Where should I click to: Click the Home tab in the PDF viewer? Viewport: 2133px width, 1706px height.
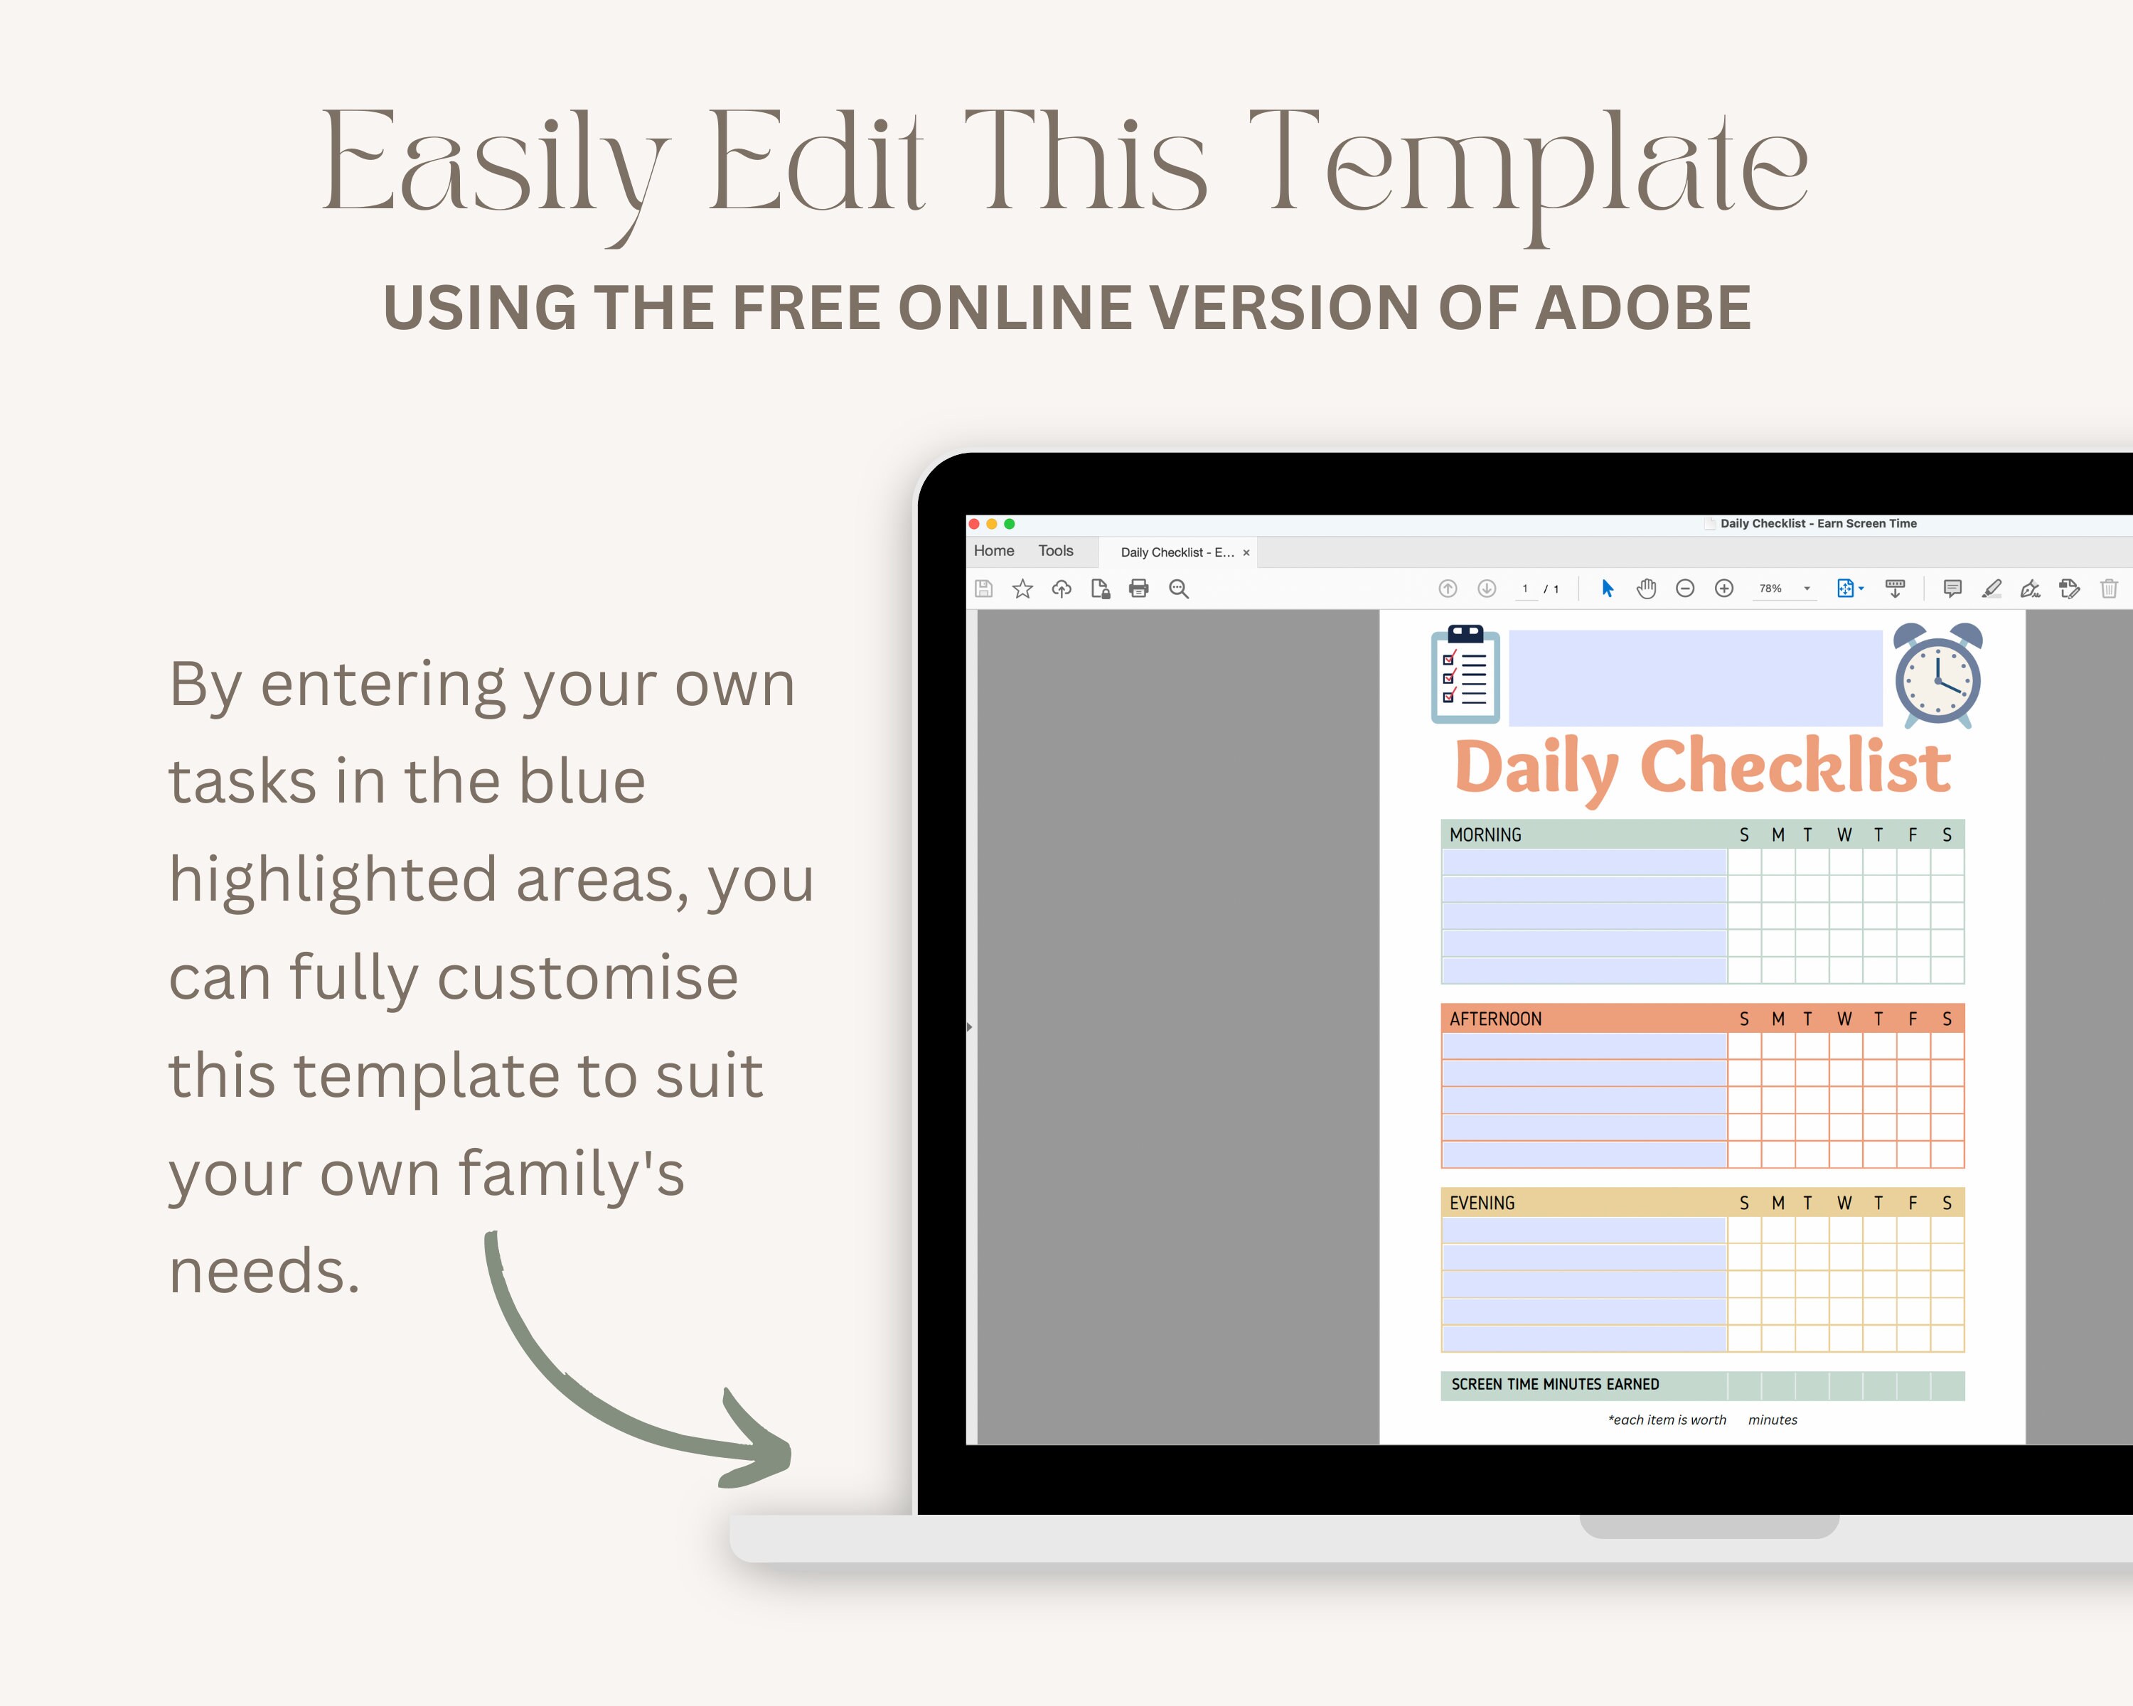[993, 551]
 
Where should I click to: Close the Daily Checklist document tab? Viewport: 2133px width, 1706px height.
[1246, 553]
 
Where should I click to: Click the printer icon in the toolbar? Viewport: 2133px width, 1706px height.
[1139, 589]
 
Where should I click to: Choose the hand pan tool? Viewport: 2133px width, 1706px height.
[1646, 589]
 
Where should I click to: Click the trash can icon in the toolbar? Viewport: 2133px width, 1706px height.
[2108, 589]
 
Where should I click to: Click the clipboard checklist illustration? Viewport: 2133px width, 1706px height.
[1465, 675]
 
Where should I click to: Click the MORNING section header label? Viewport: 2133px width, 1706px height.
[1485, 835]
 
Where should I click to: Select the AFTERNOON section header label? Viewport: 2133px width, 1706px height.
[1495, 1019]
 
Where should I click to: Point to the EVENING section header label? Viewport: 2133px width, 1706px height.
[1481, 1203]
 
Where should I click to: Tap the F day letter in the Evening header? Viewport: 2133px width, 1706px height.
[1913, 1203]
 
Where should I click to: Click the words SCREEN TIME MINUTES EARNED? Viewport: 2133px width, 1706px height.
[1554, 1385]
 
